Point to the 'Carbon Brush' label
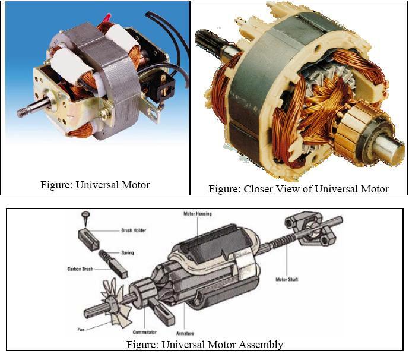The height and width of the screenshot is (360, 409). [x=80, y=269]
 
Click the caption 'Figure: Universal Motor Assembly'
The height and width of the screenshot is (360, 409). [x=205, y=345]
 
